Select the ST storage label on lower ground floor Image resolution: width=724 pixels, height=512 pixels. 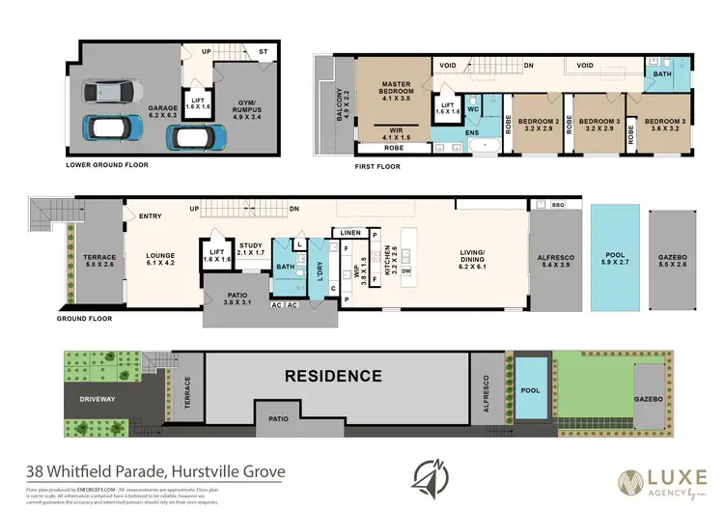tap(263, 52)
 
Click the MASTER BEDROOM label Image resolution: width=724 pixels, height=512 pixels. tap(396, 89)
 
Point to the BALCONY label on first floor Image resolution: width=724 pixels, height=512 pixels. tap(341, 106)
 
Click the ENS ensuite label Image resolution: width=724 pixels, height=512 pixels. tap(474, 132)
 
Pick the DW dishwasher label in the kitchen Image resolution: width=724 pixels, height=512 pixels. tap(406, 271)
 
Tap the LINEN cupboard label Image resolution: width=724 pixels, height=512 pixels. tap(349, 233)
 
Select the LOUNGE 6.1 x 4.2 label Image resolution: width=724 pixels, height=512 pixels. tap(160, 257)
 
